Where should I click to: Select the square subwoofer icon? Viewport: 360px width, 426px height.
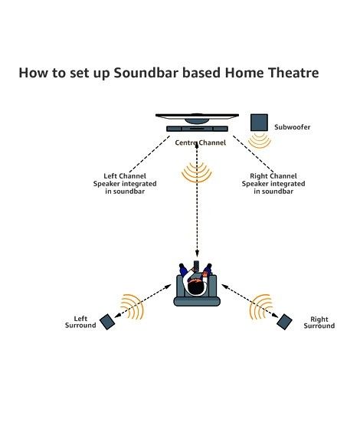(259, 123)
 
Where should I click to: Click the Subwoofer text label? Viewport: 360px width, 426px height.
(292, 127)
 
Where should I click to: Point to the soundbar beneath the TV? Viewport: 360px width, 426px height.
(198, 129)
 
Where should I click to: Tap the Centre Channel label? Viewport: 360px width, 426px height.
(200, 143)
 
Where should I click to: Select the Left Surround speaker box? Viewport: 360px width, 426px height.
(107, 322)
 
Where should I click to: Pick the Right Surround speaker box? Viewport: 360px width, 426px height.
(284, 322)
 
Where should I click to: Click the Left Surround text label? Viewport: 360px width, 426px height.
(80, 322)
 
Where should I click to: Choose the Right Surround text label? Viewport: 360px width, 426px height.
(319, 323)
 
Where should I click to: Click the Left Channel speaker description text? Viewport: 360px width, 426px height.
(125, 184)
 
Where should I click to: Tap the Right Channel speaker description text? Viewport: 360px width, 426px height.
(273, 184)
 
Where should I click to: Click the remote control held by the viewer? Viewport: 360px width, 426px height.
(196, 266)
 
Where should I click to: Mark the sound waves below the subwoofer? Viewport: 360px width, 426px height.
(260, 140)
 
